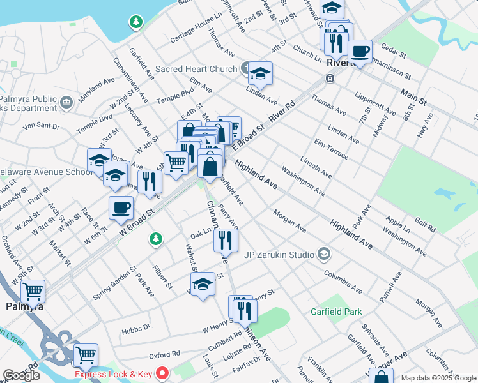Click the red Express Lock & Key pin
point(163,373)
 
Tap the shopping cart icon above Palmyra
point(33,292)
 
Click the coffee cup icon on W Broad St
point(121,207)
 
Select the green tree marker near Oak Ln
point(155,239)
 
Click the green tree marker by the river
point(135,22)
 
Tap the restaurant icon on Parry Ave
point(226,239)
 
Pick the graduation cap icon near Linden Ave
point(260,74)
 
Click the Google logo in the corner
point(21,375)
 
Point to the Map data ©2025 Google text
point(438,378)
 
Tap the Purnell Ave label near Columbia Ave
point(391,287)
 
